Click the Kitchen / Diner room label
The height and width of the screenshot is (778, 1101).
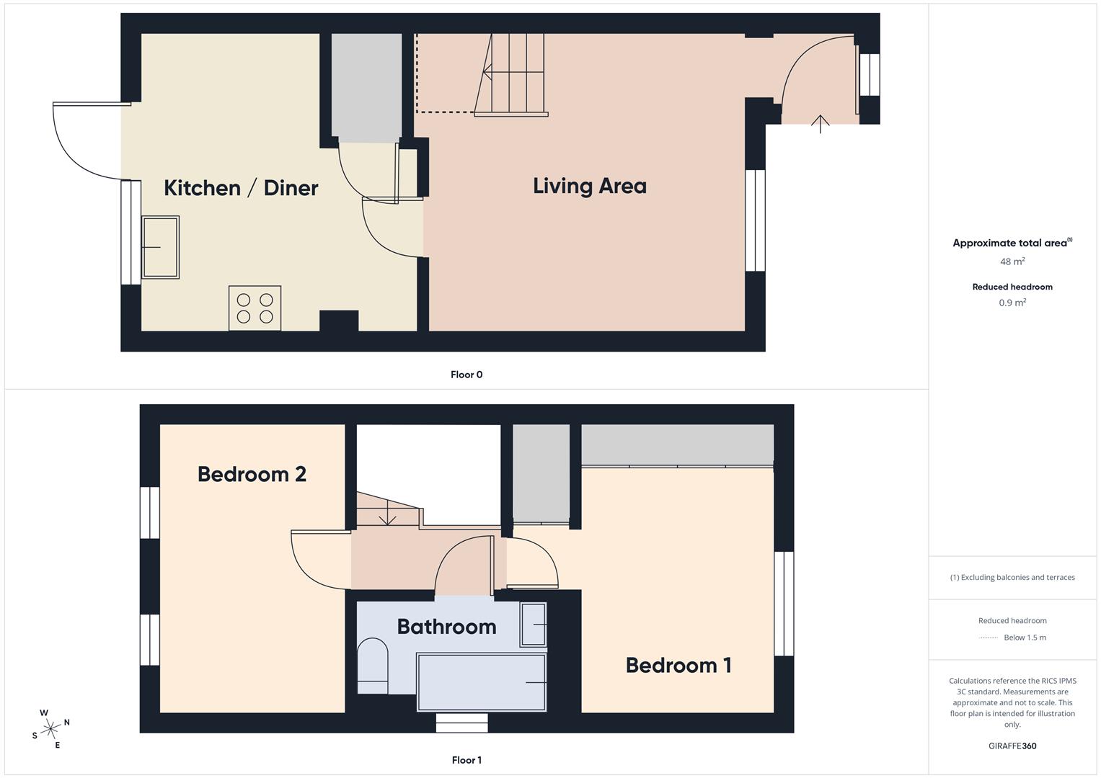(241, 188)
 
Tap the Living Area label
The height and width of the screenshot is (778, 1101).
(589, 186)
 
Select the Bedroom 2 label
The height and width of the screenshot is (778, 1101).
(252, 474)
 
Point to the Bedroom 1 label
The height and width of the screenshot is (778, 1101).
(678, 665)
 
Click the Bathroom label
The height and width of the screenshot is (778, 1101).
(446, 627)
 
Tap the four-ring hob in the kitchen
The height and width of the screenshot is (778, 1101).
(255, 308)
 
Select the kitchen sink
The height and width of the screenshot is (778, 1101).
(160, 247)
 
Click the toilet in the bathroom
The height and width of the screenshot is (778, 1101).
(372, 666)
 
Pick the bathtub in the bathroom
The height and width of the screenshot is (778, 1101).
(481, 681)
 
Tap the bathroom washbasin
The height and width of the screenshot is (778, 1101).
(534, 624)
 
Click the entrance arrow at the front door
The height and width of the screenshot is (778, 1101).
(821, 124)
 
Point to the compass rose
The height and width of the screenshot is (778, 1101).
(50, 728)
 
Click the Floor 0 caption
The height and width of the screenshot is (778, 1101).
(467, 375)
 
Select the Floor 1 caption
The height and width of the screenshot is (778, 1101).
(467, 760)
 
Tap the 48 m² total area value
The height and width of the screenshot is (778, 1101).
(1012, 261)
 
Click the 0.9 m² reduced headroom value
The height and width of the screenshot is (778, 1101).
(1012, 303)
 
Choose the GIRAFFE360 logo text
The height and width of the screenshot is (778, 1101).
(1012, 746)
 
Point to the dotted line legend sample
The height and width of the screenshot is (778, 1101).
(989, 638)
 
